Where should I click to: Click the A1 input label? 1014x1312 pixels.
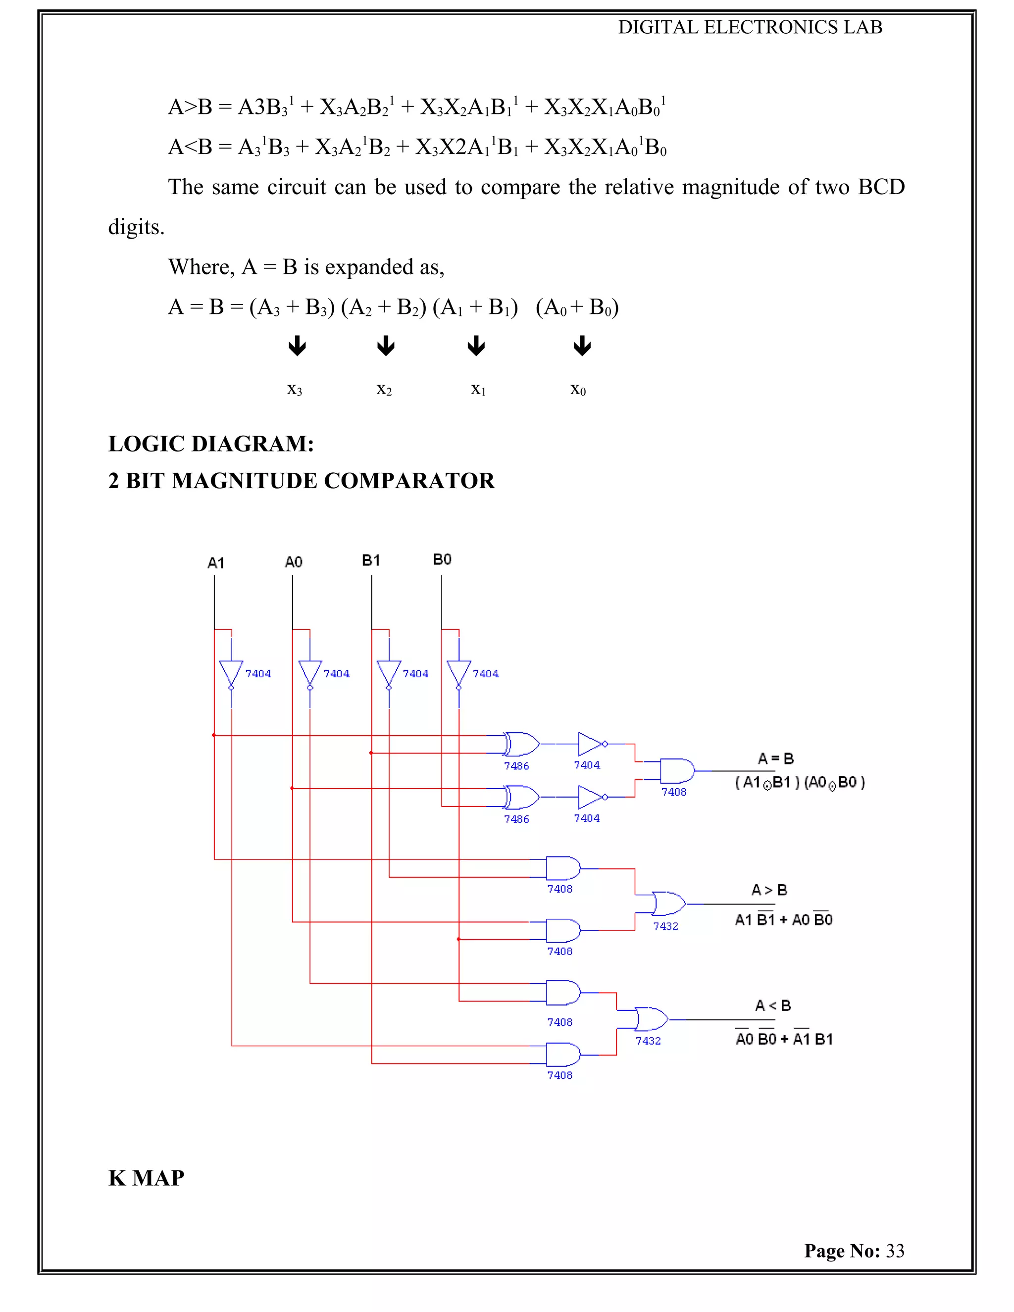[216, 563]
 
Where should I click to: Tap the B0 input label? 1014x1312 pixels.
[442, 560]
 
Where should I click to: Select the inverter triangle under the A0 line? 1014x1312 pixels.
[310, 673]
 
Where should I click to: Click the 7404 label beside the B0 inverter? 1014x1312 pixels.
[485, 674]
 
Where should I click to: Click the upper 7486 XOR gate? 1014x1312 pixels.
[521, 744]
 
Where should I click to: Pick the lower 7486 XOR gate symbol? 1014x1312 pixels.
[521, 798]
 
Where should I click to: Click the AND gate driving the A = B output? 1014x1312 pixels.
[677, 771]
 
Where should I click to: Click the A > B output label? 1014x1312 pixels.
[769, 890]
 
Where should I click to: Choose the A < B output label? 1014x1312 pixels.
[772, 1006]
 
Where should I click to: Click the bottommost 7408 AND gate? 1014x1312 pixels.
[563, 1056]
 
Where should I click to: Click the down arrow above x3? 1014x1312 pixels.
[297, 346]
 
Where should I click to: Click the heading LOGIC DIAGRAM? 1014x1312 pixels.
[211, 444]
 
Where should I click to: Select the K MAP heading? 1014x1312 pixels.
[146, 1178]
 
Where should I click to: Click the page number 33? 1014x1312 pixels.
[895, 1251]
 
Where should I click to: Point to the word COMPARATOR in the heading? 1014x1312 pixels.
[409, 481]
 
